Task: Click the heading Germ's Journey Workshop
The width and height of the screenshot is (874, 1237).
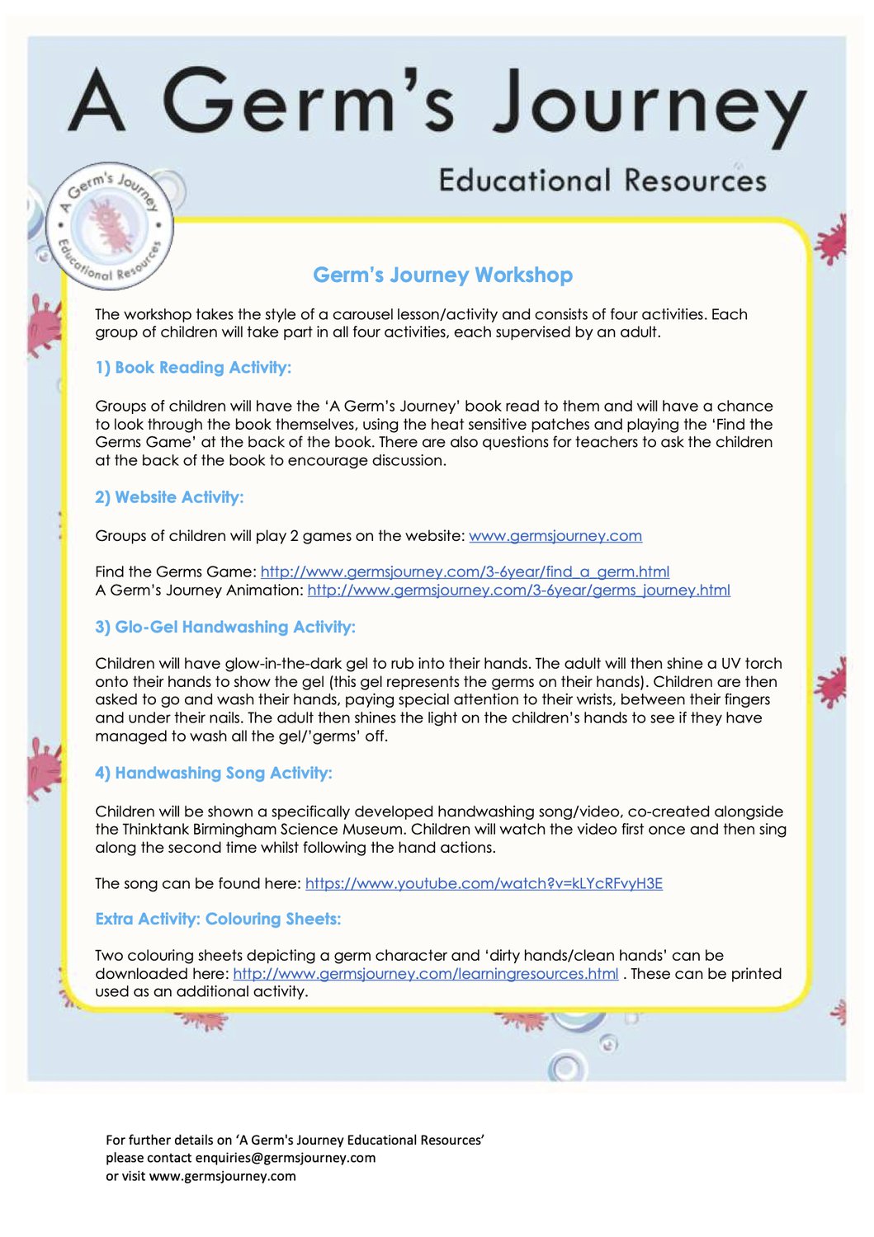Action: click(x=442, y=275)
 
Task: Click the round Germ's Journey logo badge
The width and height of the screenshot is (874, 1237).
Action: click(x=111, y=226)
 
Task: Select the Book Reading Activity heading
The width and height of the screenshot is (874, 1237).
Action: click(x=193, y=368)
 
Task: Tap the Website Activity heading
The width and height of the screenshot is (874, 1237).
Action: click(x=169, y=497)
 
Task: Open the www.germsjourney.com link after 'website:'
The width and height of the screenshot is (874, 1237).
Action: click(x=555, y=536)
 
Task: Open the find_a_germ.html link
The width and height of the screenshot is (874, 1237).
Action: click(x=465, y=571)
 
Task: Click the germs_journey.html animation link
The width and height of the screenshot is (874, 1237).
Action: click(x=518, y=590)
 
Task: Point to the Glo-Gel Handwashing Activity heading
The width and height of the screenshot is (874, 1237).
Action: click(x=225, y=628)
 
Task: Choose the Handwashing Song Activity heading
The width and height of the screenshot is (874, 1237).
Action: click(x=214, y=774)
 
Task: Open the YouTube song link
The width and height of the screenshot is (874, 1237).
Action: click(x=484, y=884)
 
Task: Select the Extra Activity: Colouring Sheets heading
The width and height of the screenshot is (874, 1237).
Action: click(x=218, y=920)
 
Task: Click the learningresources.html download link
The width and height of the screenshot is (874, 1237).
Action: click(x=425, y=974)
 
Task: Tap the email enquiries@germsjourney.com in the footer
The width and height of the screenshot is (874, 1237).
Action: click(x=286, y=1158)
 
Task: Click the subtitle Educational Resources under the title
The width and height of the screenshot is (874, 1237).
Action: click(x=602, y=181)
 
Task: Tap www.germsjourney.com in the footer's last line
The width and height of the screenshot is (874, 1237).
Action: click(x=223, y=1176)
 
